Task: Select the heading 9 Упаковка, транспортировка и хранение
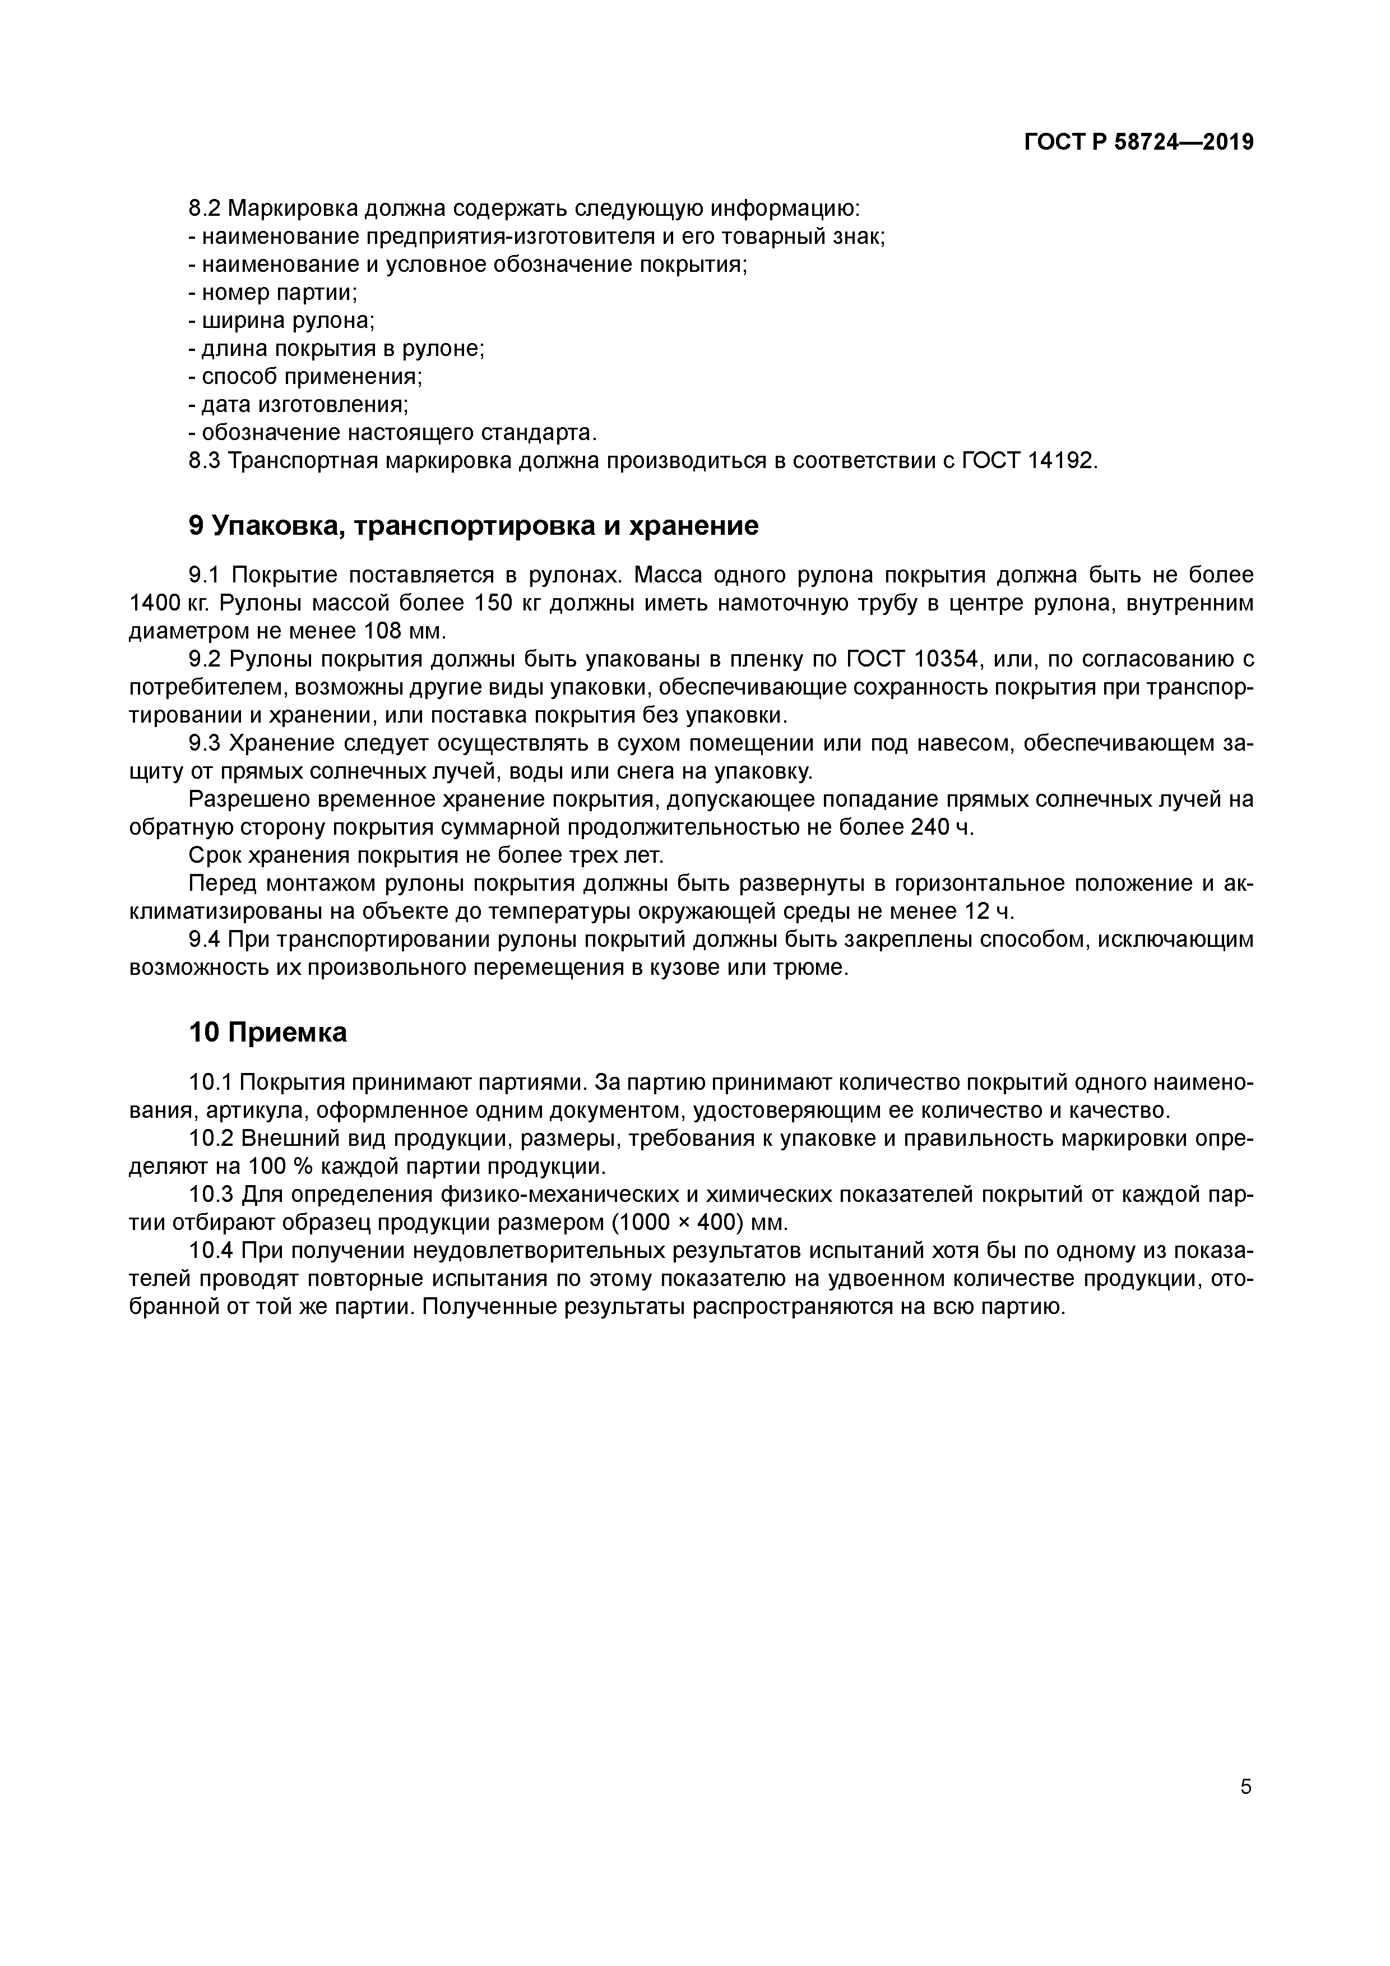pos(473,526)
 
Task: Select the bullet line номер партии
pos(273,293)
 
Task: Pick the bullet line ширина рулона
pos(281,321)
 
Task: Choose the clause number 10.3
pos(211,1194)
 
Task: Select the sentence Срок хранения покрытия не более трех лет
pos(426,855)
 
